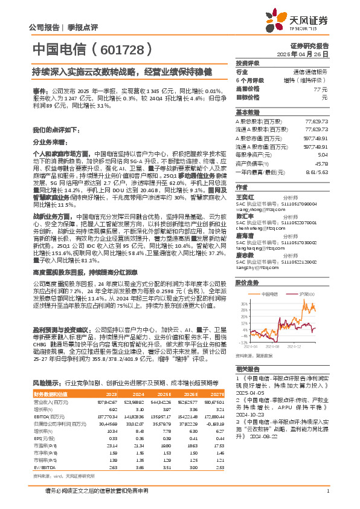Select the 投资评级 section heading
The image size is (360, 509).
pyautogui.click(x=248, y=63)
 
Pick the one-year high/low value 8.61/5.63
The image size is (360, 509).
pyautogui.click(x=318, y=172)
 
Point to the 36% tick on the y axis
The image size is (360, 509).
pyautogui.click(x=240, y=303)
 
